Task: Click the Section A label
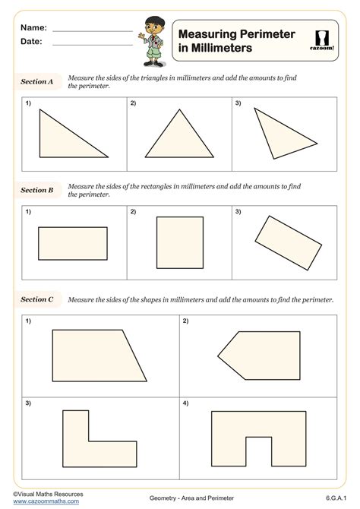(36, 81)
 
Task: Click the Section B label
(36, 190)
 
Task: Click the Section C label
(36, 299)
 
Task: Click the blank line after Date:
(93, 43)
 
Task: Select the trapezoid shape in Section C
(96, 355)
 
